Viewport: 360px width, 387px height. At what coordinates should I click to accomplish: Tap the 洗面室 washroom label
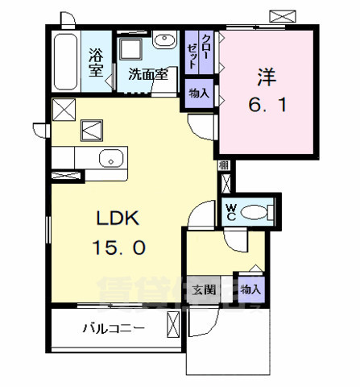pos(147,74)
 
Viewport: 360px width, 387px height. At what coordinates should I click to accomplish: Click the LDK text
pos(119,218)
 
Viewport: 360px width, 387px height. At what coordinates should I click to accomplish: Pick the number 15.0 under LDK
pos(118,248)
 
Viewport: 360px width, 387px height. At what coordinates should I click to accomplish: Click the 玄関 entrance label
pos(204,289)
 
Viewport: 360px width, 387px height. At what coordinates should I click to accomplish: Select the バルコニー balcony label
pos(113,329)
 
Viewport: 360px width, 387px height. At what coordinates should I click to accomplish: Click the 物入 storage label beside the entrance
pos(250,289)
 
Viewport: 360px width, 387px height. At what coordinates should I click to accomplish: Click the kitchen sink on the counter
pos(109,158)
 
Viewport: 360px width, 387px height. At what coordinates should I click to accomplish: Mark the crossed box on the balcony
pos(173,327)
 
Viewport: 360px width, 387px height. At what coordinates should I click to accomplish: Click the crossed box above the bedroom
pos(283,15)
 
